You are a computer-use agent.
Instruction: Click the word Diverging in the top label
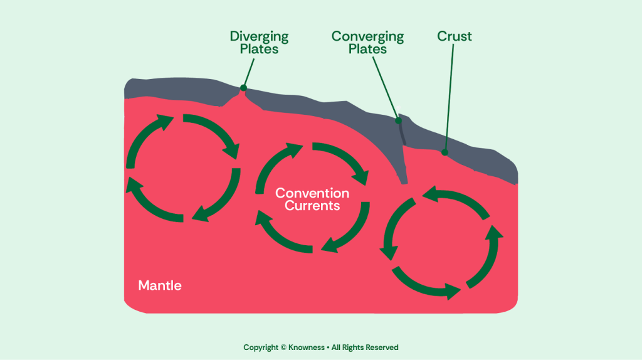pyautogui.click(x=259, y=36)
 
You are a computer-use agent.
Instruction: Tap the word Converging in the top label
pyautogui.click(x=367, y=36)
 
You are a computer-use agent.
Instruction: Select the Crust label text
pyautogui.click(x=455, y=36)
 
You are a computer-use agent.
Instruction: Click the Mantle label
pyautogui.click(x=160, y=286)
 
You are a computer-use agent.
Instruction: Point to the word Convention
pyautogui.click(x=312, y=193)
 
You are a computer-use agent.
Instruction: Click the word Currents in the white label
pyautogui.click(x=312, y=206)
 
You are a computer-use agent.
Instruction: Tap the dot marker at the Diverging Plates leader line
pyautogui.click(x=243, y=88)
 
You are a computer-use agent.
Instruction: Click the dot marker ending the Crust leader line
pyautogui.click(x=445, y=152)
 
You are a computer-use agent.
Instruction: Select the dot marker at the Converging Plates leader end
pyautogui.click(x=397, y=120)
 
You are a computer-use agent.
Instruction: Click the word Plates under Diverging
pyautogui.click(x=259, y=49)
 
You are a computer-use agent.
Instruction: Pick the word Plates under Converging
pyautogui.click(x=367, y=49)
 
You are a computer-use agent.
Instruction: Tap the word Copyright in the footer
pyautogui.click(x=260, y=347)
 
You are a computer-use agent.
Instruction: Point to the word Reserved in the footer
pyautogui.click(x=381, y=347)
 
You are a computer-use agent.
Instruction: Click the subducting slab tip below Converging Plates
pyautogui.click(x=404, y=182)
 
